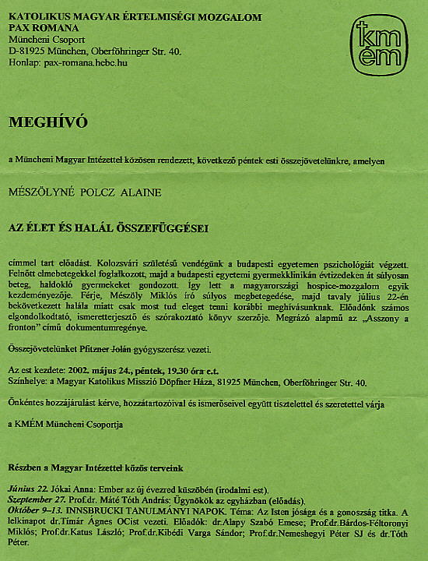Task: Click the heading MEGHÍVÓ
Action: [x=48, y=122]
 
